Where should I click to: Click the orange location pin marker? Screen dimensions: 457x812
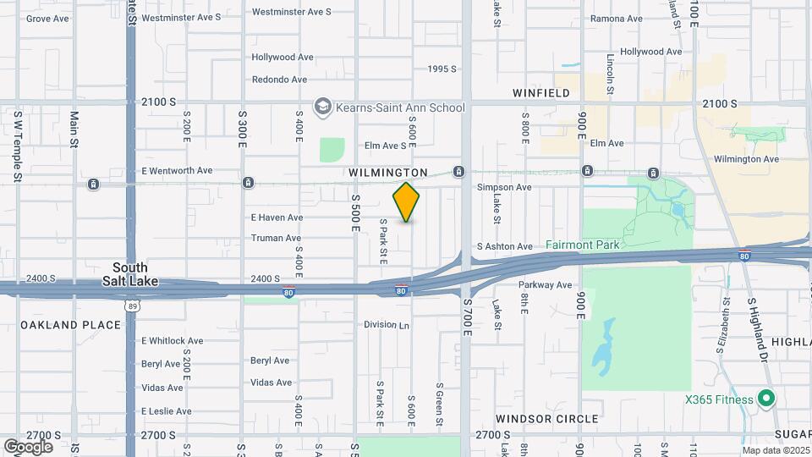point(406,201)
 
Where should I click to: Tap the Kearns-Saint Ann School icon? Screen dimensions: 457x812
point(321,107)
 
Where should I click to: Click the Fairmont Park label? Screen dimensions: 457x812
point(582,245)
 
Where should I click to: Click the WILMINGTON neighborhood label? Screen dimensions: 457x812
point(388,173)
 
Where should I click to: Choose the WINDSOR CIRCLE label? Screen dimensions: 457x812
point(546,419)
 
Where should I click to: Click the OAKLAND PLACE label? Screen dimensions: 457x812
point(60,325)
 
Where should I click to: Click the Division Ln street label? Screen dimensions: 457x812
point(387,324)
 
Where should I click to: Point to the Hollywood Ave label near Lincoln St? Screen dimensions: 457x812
point(650,52)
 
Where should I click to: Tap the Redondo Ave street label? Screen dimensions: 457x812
point(279,80)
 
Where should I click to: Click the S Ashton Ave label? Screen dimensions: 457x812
point(504,246)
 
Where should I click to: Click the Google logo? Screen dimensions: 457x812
point(28,446)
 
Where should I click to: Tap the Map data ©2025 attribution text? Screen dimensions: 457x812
point(776,450)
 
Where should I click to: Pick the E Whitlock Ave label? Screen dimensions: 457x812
point(172,340)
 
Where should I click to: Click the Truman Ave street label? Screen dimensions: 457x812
point(276,238)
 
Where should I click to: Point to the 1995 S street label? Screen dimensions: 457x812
point(442,69)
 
